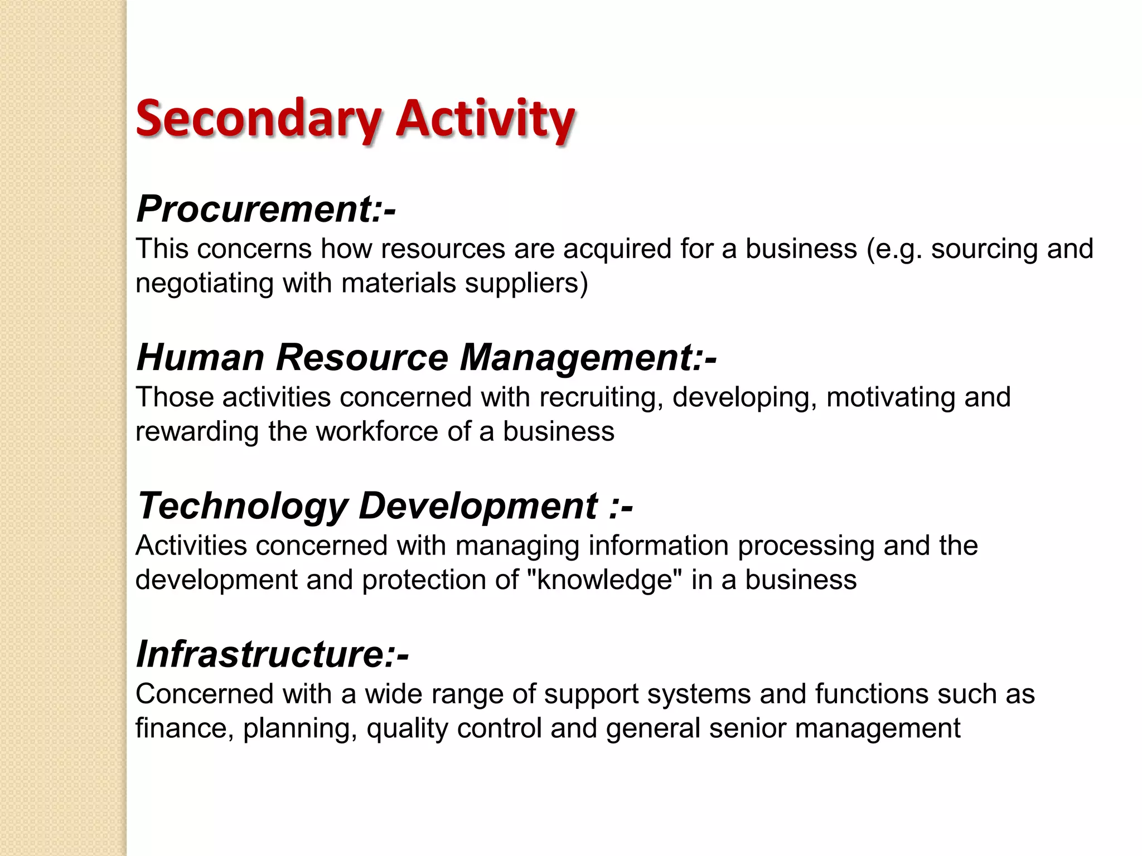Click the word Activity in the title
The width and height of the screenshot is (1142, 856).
pyautogui.click(x=485, y=119)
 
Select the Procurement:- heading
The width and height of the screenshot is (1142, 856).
pyautogui.click(x=266, y=209)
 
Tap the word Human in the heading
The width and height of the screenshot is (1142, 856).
pyautogui.click(x=200, y=357)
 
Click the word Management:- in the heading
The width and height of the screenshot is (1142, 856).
pyautogui.click(x=588, y=357)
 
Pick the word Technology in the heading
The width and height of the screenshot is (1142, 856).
pyautogui.click(x=243, y=506)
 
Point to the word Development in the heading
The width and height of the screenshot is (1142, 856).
pyautogui.click(x=478, y=506)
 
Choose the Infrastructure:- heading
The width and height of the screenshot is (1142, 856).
pyautogui.click(x=272, y=654)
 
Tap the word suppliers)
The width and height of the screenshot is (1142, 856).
pyautogui.click(x=526, y=283)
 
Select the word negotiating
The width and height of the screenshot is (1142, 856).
pyautogui.click(x=204, y=283)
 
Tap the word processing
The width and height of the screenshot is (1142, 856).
pyautogui.click(x=806, y=546)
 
